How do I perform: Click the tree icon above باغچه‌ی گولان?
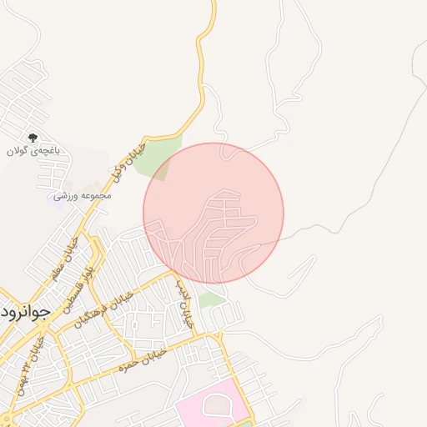[x=33, y=137]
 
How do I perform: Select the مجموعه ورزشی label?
[x=82, y=195]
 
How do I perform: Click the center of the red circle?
[x=213, y=213]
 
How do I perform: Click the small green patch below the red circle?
[x=213, y=299]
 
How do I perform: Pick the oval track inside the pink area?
[x=219, y=406]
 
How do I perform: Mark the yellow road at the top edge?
[x=213, y=7]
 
